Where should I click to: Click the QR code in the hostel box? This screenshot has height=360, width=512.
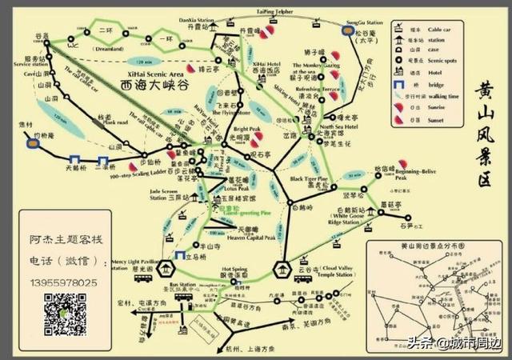(x=65, y=313)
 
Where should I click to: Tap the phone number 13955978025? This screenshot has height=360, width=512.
(x=64, y=284)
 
